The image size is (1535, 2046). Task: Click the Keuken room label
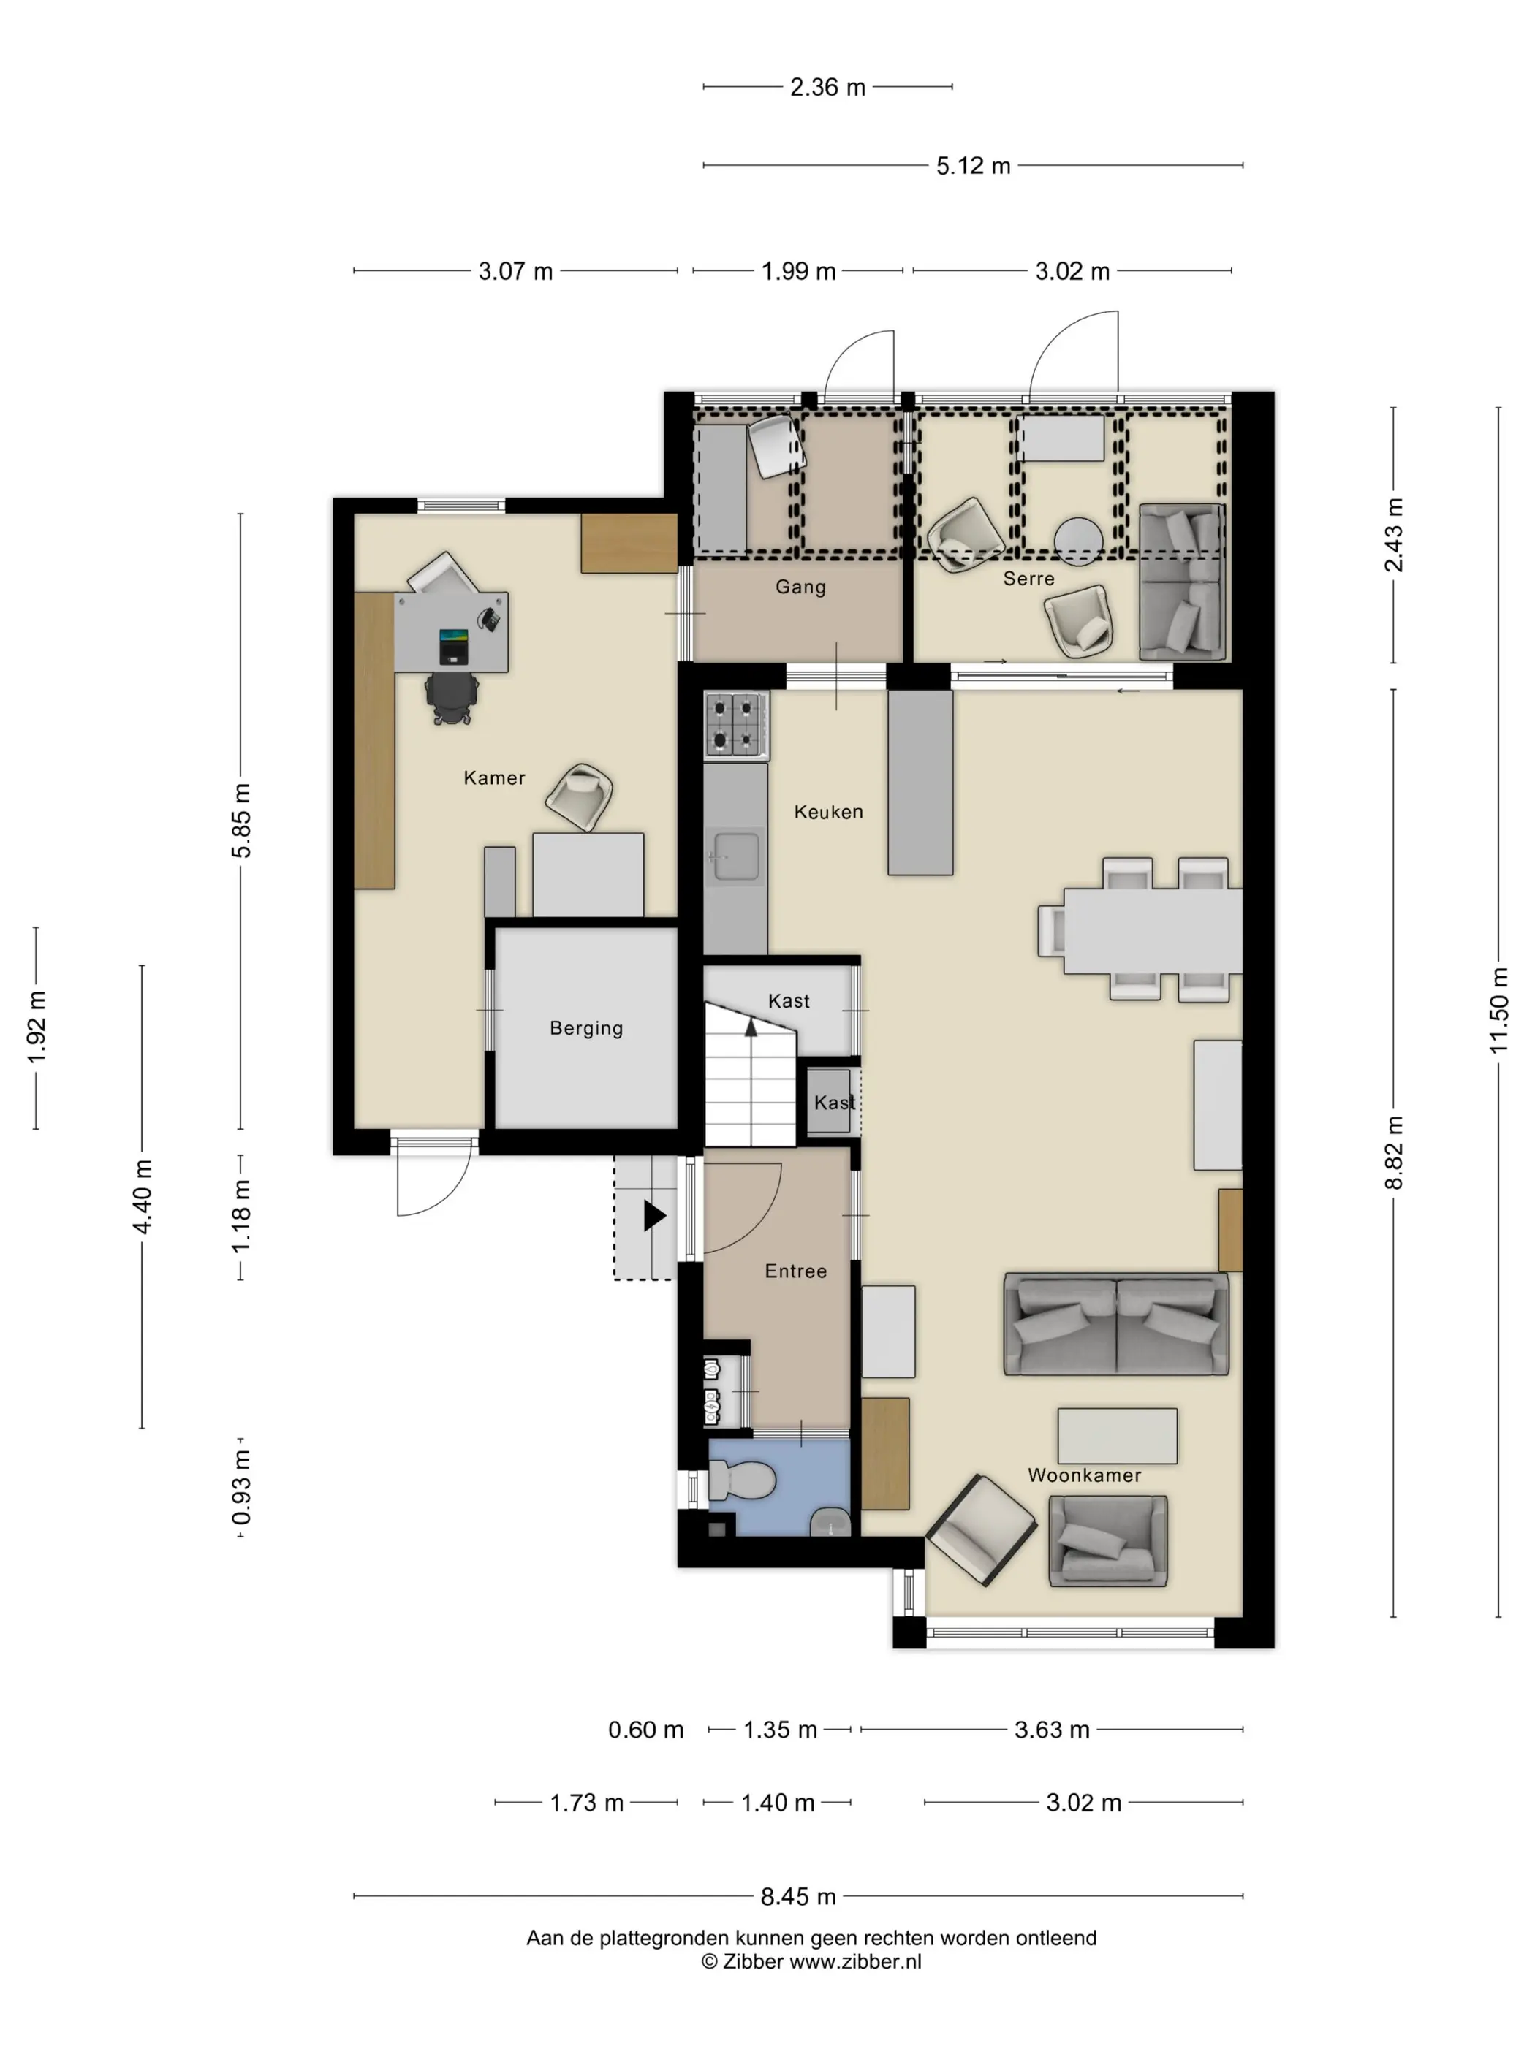[x=828, y=811]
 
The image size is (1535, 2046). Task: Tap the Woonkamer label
[x=1085, y=1475]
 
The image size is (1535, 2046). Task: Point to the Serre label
[x=1029, y=578]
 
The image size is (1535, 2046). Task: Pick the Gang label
[x=800, y=587]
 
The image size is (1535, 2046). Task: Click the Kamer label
[x=494, y=778]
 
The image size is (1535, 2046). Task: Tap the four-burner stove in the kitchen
[x=735, y=726]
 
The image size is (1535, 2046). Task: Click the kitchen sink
[x=735, y=856]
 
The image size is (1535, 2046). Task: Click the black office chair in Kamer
[x=452, y=696]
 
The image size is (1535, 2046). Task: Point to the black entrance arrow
[x=654, y=1214]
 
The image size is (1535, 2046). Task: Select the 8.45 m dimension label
[x=798, y=1896]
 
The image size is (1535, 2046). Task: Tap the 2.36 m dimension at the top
[x=827, y=87]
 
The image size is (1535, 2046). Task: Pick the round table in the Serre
[x=1078, y=540]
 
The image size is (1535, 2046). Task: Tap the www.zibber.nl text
[x=855, y=1961]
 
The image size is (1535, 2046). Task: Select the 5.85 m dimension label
[x=240, y=821]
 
